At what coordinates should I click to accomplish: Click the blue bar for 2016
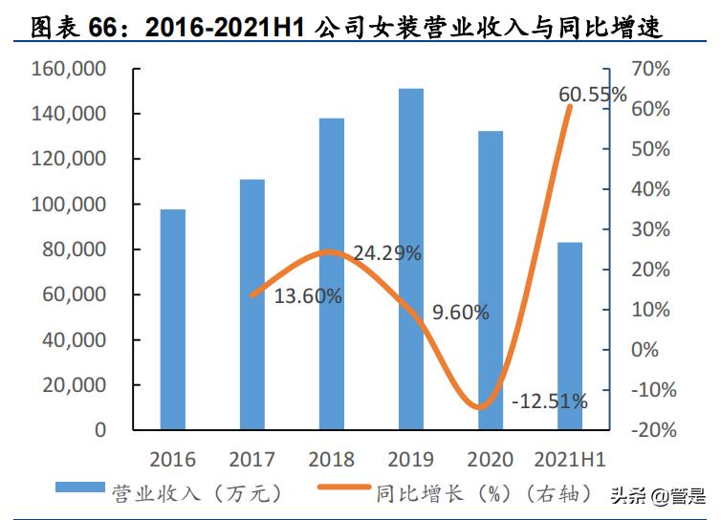(173, 319)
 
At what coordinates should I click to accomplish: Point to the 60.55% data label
(593, 95)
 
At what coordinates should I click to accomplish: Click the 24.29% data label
(387, 254)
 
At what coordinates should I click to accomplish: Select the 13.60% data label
(308, 296)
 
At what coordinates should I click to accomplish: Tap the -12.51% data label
(549, 401)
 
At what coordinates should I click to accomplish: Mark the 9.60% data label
(460, 312)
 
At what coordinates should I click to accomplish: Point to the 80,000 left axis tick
(77, 250)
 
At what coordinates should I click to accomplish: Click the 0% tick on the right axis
(645, 349)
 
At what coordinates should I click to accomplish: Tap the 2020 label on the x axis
(491, 460)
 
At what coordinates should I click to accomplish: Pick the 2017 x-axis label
(252, 460)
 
